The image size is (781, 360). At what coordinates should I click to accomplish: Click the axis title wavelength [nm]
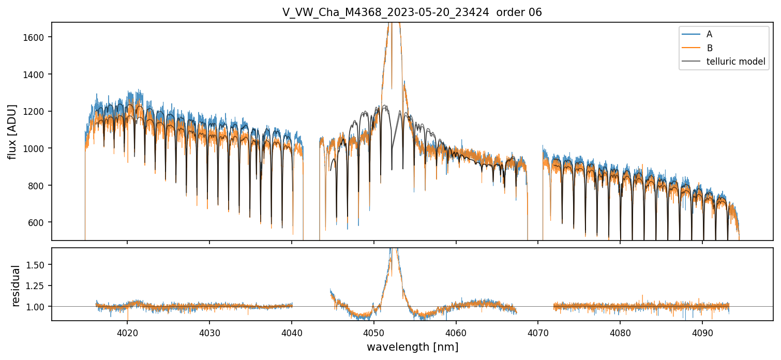tap(412, 347)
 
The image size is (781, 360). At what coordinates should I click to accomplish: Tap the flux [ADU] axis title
tap(12, 131)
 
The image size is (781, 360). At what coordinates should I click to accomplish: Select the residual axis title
tap(16, 286)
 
